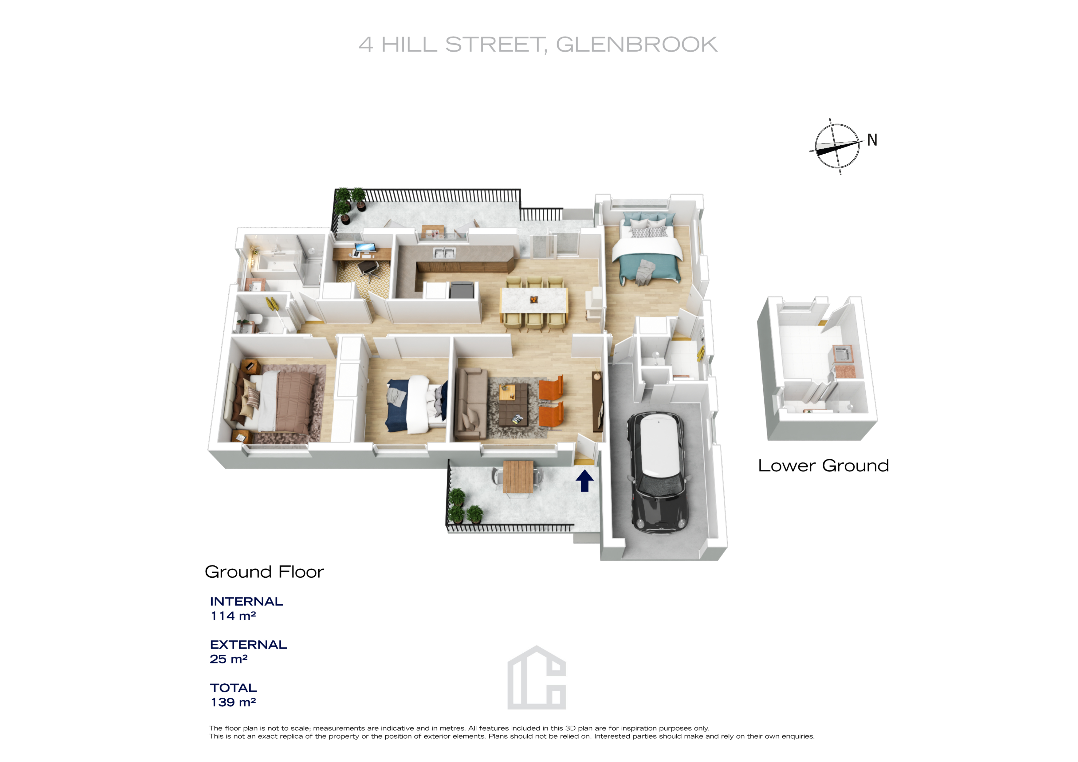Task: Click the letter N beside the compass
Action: [x=872, y=140]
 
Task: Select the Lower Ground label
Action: [x=823, y=466]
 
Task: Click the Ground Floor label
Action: [x=264, y=572]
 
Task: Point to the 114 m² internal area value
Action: [x=233, y=616]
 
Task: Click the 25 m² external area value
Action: [x=228, y=659]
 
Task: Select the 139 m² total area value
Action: [x=233, y=702]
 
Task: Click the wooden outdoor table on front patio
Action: [x=518, y=477]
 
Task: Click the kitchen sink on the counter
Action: [x=444, y=253]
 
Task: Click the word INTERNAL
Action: [x=246, y=601]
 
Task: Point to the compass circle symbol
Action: [x=837, y=146]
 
